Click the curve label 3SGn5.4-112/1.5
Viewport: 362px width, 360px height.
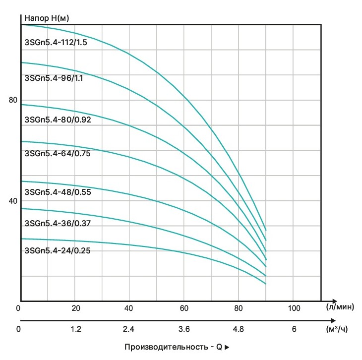(56, 42)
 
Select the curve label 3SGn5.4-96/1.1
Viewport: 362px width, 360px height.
(54, 78)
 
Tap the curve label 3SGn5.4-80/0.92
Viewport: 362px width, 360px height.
(58, 119)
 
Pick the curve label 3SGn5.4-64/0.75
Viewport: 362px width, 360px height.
(58, 153)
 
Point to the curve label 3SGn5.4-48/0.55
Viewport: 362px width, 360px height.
(58, 192)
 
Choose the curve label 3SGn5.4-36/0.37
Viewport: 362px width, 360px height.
(58, 223)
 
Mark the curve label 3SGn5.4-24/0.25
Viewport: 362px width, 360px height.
(58, 250)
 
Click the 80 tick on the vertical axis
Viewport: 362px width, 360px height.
(13, 100)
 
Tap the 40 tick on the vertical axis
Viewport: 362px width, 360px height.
(13, 201)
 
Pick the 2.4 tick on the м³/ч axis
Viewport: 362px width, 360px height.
(129, 328)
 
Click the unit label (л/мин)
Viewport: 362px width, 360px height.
(340, 307)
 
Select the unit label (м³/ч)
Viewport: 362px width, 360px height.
(340, 328)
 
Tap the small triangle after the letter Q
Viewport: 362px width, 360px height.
(228, 348)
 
